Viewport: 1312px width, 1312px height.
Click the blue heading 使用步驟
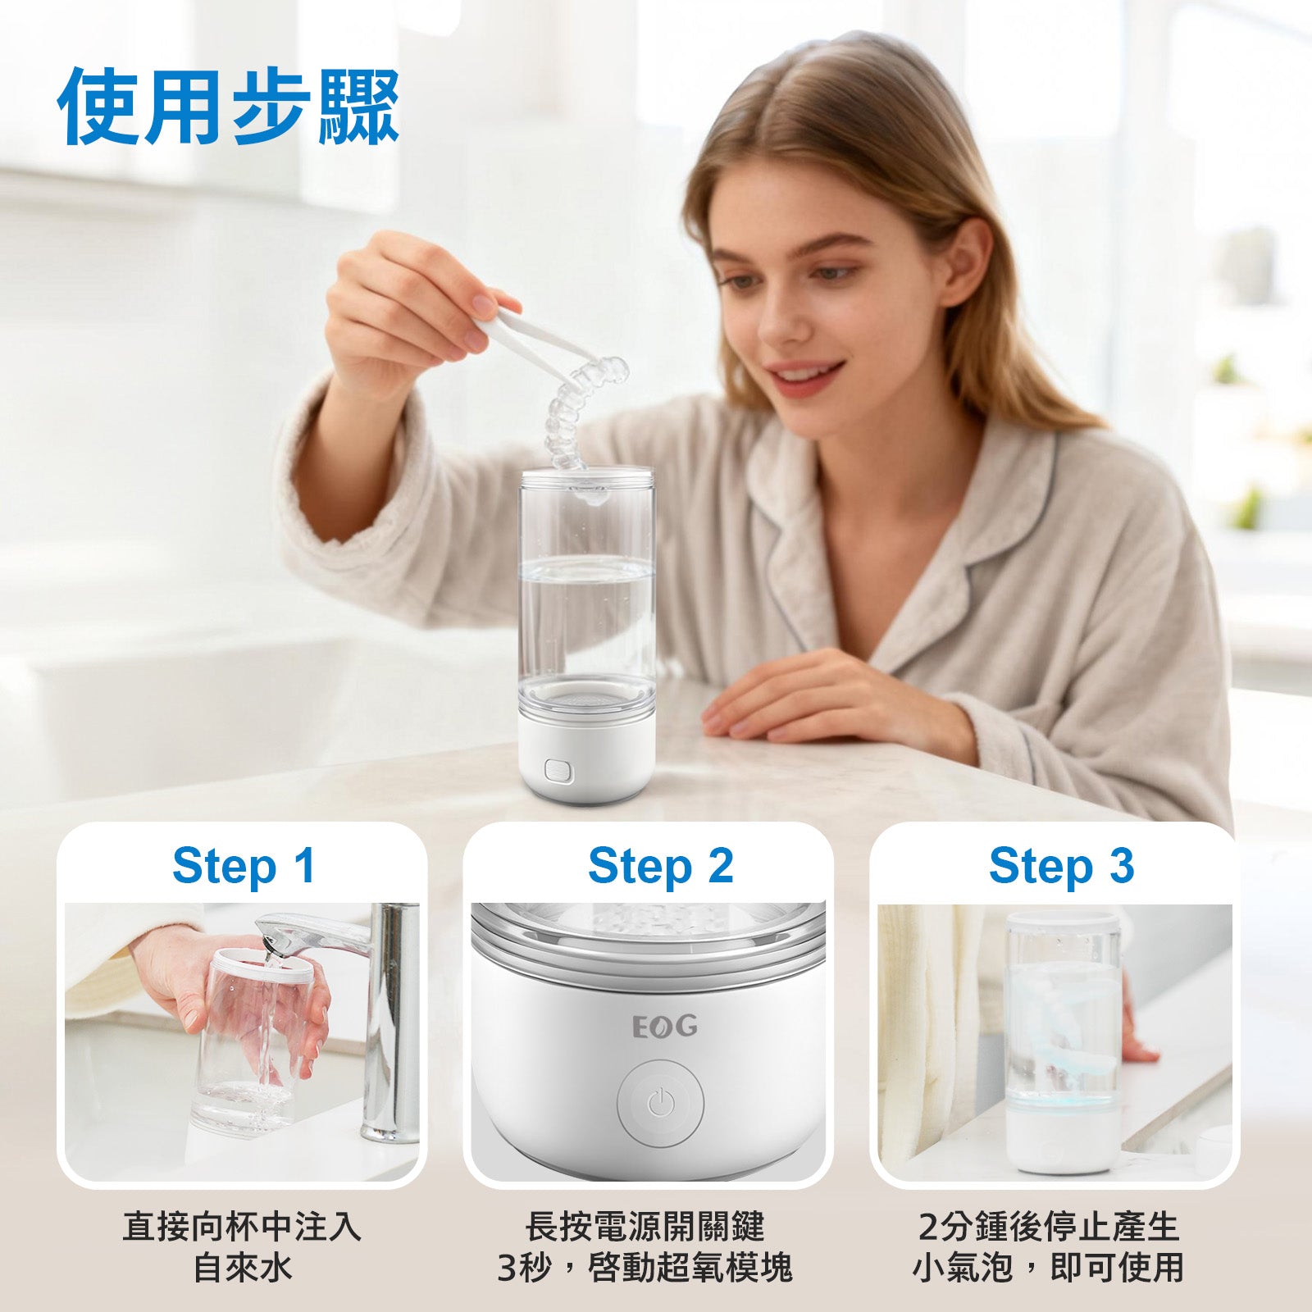(229, 107)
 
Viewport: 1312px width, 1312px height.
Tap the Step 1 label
(244, 866)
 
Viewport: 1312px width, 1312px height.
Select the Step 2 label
(660, 866)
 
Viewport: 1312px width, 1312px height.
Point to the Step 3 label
(1061, 866)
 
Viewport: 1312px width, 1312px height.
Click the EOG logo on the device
(665, 1026)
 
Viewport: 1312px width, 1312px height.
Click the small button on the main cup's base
(558, 770)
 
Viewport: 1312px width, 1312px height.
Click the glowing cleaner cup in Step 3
(1062, 1041)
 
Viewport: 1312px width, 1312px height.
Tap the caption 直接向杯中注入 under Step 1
(242, 1227)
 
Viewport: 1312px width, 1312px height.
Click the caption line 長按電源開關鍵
(645, 1227)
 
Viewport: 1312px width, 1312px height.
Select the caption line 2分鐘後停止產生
(1049, 1227)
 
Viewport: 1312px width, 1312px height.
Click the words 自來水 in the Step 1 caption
(242, 1268)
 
